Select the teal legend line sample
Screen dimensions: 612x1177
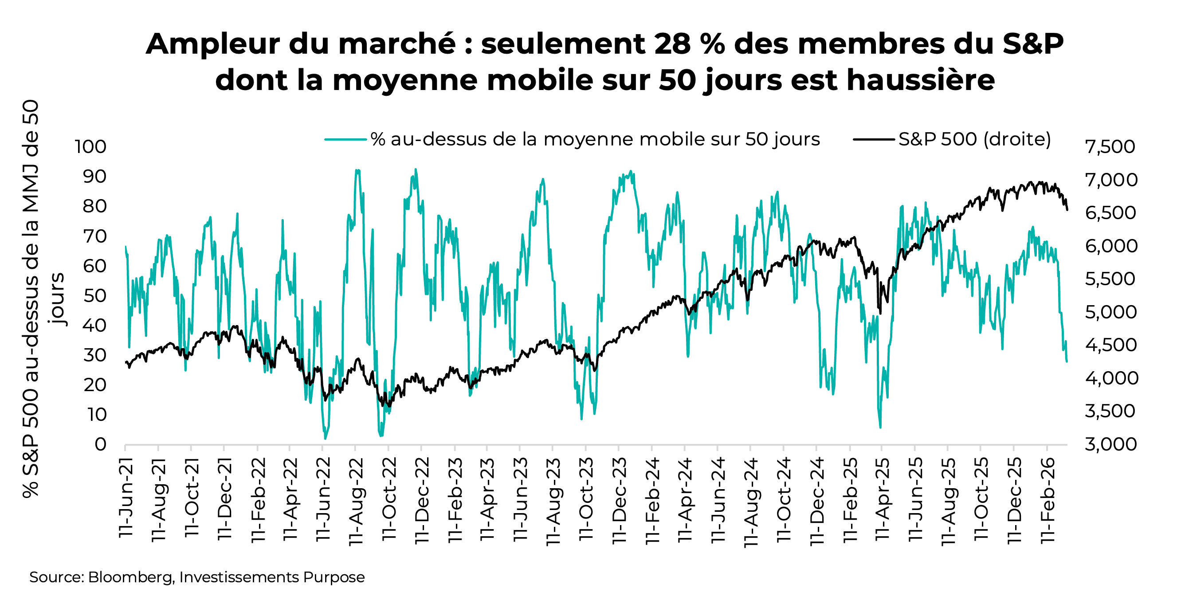click(345, 139)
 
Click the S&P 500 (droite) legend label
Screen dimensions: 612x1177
click(974, 139)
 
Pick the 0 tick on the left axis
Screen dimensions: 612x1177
click(101, 445)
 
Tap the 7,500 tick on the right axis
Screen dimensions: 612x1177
click(1110, 147)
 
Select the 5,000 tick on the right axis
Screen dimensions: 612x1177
click(1110, 313)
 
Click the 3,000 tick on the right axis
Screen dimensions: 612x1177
click(1110, 445)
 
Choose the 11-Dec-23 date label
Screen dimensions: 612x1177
click(619, 501)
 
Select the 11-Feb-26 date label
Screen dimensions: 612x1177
click(1047, 501)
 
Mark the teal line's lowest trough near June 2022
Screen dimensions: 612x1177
click(326, 439)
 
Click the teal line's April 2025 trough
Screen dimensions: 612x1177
click(880, 428)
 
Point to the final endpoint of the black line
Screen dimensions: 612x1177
click(1067, 210)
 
